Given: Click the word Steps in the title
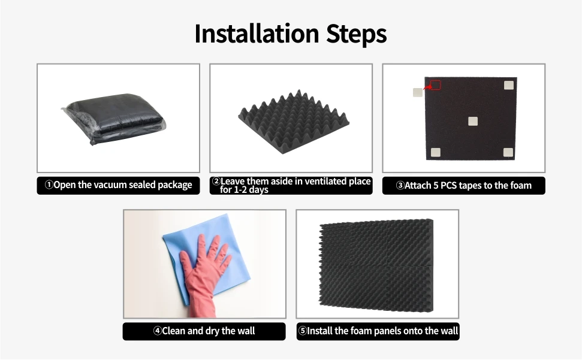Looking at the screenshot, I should (356, 34).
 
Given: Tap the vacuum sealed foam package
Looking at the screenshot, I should (116, 119).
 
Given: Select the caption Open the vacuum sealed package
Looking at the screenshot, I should (118, 185).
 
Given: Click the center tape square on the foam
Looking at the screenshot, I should (472, 121).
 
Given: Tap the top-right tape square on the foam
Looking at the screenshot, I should (508, 85).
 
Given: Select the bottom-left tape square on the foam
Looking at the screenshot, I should (436, 152).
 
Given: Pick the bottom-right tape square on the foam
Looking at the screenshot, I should (508, 152).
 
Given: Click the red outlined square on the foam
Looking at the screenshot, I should (435, 85).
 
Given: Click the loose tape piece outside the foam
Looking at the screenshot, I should (417, 92).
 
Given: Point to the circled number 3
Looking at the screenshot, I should (400, 186).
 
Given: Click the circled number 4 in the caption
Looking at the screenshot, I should (157, 331).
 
